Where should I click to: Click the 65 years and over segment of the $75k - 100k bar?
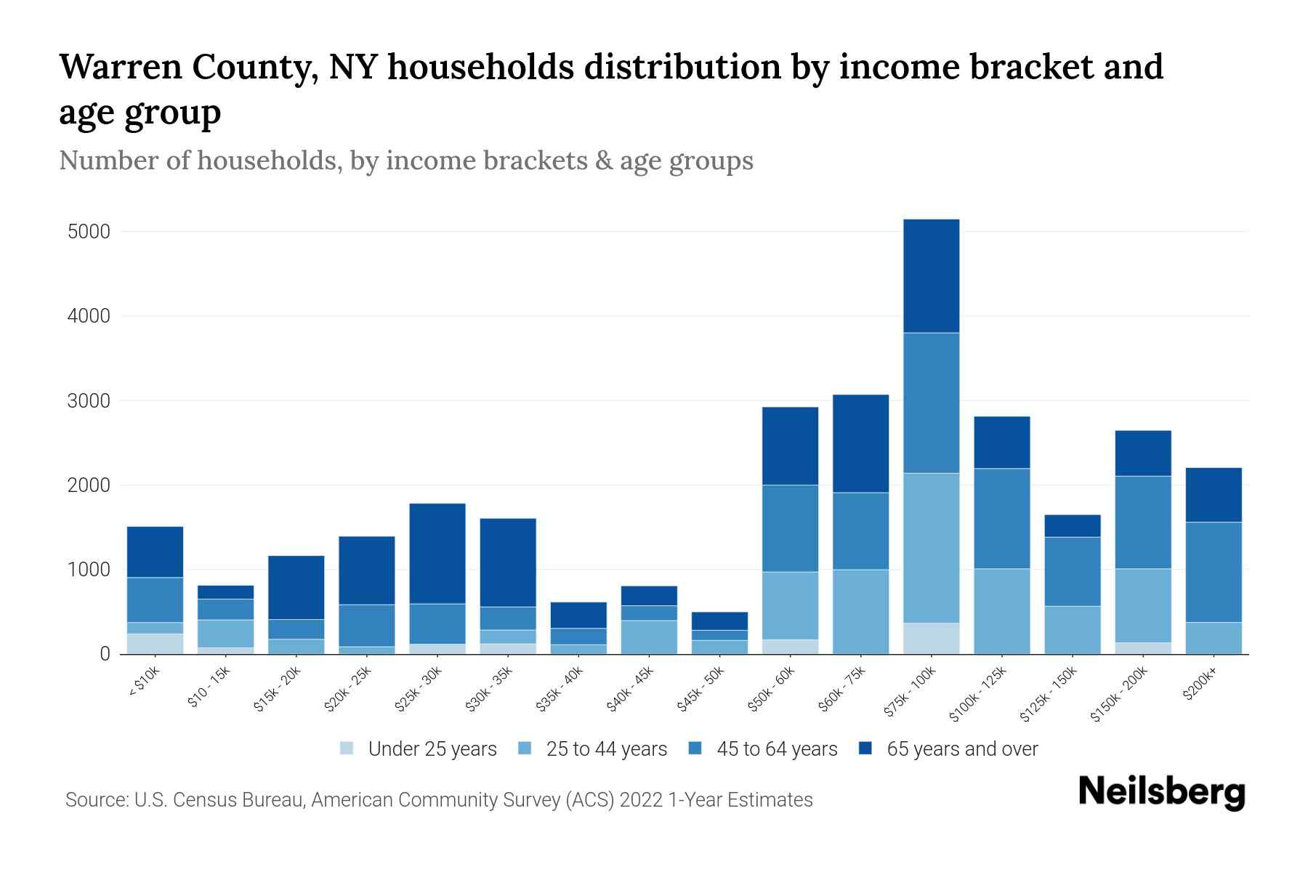(x=931, y=276)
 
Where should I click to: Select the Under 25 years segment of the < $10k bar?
(x=155, y=644)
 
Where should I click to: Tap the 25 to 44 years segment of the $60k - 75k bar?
(x=860, y=611)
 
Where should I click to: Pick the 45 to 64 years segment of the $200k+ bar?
(x=1214, y=572)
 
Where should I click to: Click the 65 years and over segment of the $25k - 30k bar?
(x=437, y=553)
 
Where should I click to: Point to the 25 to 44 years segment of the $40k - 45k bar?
(x=649, y=637)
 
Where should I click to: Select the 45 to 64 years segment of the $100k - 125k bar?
(x=1001, y=518)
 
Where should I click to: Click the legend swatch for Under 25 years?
(x=347, y=748)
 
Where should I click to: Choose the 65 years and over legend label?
(x=962, y=748)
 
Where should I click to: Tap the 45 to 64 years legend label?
(x=777, y=748)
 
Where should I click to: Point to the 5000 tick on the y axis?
(x=89, y=232)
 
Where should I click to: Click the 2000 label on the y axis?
(x=89, y=485)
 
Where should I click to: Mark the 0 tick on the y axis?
(x=105, y=654)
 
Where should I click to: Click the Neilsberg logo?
(x=1161, y=792)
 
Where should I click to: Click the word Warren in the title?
(x=118, y=67)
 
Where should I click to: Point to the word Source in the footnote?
(x=95, y=800)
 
